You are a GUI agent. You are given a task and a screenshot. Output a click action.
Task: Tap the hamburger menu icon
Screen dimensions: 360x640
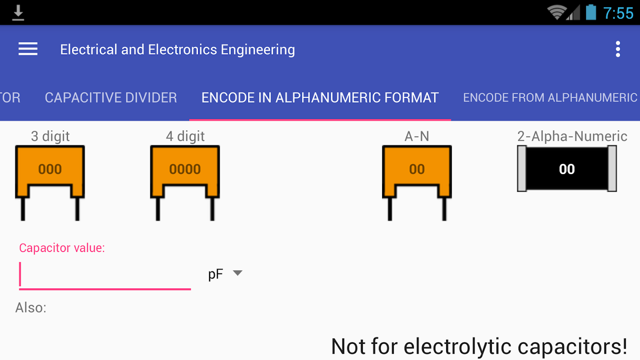point(28,49)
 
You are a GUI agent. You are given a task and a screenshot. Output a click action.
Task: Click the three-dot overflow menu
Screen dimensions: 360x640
point(618,49)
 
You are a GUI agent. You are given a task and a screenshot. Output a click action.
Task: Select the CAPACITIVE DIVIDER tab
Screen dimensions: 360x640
point(111,98)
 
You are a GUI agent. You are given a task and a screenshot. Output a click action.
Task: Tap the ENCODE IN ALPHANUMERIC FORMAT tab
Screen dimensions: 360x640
point(320,98)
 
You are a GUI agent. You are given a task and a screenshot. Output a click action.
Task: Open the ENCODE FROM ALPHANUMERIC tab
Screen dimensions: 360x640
point(550,98)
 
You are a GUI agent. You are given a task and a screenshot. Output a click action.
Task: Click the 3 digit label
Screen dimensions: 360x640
point(50,136)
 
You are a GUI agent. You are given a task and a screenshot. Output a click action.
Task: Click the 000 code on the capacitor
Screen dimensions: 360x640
point(50,169)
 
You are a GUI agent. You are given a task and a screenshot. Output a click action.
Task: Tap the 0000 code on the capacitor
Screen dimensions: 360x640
point(185,169)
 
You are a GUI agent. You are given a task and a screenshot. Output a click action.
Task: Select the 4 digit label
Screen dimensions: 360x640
point(185,136)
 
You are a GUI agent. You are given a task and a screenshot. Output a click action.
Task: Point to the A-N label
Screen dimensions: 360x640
point(417,136)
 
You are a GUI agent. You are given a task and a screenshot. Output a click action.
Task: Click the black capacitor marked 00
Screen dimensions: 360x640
point(567,169)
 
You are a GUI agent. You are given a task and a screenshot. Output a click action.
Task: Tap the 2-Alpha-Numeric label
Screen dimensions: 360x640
point(572,136)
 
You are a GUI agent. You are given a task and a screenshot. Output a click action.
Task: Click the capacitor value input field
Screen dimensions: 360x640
point(105,274)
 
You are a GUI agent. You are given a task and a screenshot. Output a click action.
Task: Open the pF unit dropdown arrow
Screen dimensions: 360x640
point(237,273)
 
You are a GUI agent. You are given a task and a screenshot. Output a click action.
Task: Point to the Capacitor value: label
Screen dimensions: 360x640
point(62,248)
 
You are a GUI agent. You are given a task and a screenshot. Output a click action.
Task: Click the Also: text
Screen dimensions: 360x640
point(31,308)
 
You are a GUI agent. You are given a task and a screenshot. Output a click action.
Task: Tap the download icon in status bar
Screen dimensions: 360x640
point(18,13)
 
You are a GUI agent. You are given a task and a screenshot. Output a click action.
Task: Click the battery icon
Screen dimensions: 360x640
point(591,13)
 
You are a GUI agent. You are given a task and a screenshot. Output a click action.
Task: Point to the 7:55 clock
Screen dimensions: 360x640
point(618,13)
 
